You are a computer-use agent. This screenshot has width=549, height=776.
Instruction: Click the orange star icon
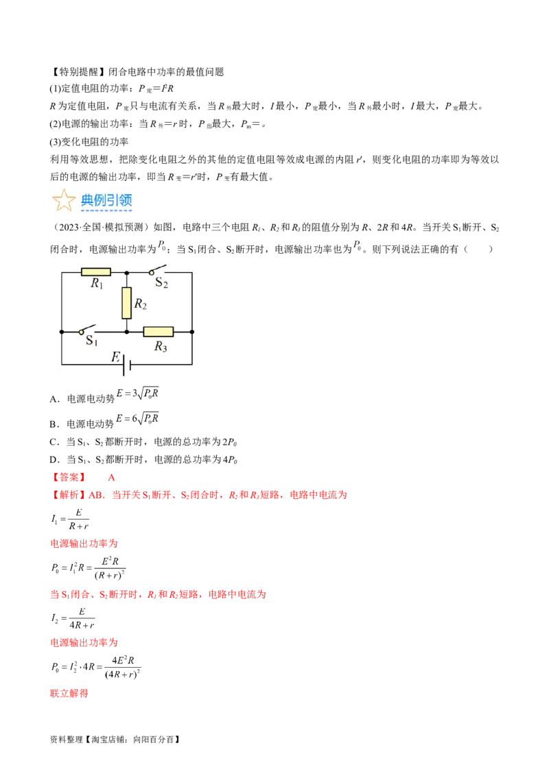tap(64, 201)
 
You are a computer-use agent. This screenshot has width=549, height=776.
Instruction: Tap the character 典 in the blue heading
tap(87, 200)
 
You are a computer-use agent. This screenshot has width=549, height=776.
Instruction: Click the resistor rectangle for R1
tap(95, 272)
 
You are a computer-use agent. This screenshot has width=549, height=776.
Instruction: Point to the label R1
tap(96, 284)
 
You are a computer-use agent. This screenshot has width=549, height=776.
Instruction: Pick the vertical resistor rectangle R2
tap(126, 303)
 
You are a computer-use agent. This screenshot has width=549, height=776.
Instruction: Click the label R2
tap(140, 304)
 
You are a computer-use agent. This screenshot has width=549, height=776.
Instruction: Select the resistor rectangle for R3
tap(159, 332)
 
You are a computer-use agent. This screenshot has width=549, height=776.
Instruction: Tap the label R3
tap(160, 347)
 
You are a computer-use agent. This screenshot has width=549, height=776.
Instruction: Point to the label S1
tap(91, 341)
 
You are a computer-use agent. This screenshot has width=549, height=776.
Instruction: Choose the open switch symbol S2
tap(159, 269)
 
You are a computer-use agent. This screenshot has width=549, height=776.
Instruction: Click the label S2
tap(161, 282)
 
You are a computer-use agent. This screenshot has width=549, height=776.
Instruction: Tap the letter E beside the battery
tap(116, 356)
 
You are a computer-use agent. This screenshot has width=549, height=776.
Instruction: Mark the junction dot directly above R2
tap(126, 272)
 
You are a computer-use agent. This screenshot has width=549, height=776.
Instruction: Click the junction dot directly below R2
tap(126, 332)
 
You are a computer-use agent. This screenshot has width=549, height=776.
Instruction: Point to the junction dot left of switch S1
tap(62, 332)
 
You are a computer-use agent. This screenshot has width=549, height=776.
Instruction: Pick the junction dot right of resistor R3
tap(191, 332)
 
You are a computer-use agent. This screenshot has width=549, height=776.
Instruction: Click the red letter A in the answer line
tap(112, 477)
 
